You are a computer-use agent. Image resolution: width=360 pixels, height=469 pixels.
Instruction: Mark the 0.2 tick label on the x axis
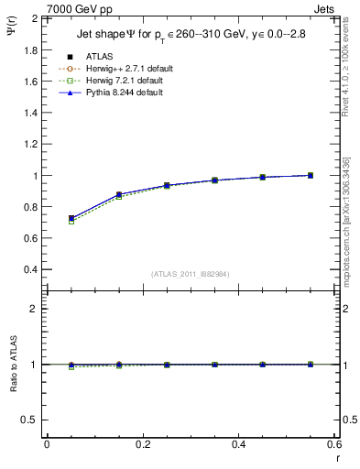click(x=143, y=444)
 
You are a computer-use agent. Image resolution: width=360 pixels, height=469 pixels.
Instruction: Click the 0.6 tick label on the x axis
click(x=333, y=444)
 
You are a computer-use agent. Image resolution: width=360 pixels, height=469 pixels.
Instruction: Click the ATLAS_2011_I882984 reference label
click(x=191, y=274)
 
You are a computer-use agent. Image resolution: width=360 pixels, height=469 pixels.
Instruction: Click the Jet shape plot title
click(x=191, y=36)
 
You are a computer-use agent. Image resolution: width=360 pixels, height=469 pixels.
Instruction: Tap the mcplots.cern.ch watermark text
click(x=350, y=229)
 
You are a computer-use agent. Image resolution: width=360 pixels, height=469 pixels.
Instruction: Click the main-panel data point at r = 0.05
click(x=71, y=219)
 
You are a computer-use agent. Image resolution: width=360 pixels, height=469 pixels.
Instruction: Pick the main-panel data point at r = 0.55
click(x=310, y=175)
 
